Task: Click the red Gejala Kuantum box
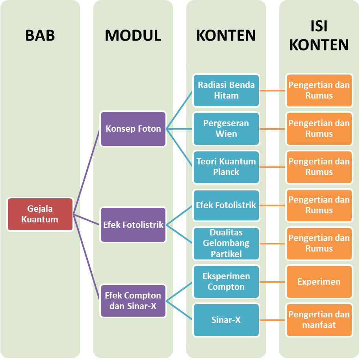coord(40,214)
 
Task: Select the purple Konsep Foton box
coord(133,129)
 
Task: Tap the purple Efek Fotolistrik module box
coord(133,225)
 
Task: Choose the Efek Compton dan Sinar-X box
coord(133,300)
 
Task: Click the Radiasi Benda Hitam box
coord(226,90)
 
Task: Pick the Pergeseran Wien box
coord(226,129)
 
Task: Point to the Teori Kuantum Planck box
coord(226,167)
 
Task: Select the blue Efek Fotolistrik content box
coord(226,205)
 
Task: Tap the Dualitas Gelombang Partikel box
coord(226,243)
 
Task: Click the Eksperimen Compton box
coord(226,282)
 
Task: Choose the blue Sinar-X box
coord(226,320)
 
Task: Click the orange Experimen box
coord(319,282)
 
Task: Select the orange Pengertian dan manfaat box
coord(319,320)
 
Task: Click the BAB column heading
coord(40,35)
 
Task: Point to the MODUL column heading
coord(133,35)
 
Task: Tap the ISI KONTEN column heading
coord(319,35)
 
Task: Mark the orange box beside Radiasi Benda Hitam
coord(319,90)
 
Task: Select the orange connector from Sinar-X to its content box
coord(273,320)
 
